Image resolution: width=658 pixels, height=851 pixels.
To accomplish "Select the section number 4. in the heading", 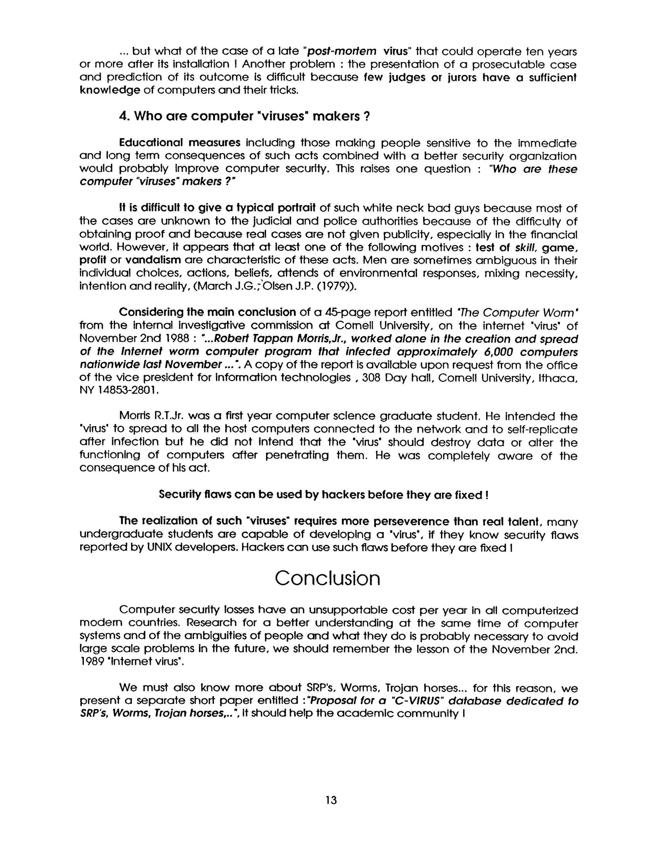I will click(x=124, y=116).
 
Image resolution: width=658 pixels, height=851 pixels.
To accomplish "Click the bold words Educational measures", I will click(x=180, y=143).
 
